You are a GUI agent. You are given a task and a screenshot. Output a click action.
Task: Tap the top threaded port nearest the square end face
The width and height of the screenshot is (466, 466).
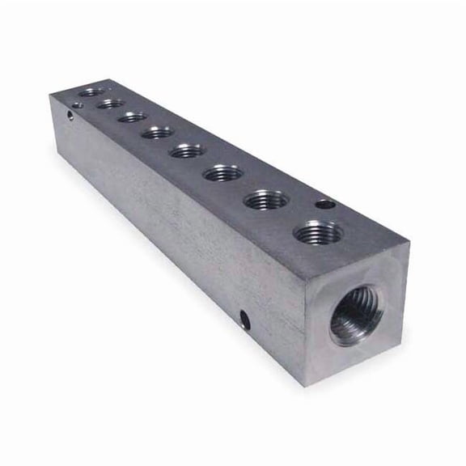(317, 234)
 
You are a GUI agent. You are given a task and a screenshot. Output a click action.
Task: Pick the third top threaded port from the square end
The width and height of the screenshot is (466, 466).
(223, 173)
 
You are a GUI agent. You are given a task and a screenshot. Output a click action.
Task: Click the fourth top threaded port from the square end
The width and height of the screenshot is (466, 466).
(188, 150)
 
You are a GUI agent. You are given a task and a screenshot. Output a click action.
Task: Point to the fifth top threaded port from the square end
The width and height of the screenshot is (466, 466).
(157, 131)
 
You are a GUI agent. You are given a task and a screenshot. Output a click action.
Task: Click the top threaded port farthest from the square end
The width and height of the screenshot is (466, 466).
(91, 91)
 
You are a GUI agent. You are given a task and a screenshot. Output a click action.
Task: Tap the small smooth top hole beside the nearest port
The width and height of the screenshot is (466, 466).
(324, 205)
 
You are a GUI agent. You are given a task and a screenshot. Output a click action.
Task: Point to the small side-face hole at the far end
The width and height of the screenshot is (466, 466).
(70, 116)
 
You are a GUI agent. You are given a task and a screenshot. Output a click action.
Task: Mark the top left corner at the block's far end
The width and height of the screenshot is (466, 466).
(51, 96)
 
